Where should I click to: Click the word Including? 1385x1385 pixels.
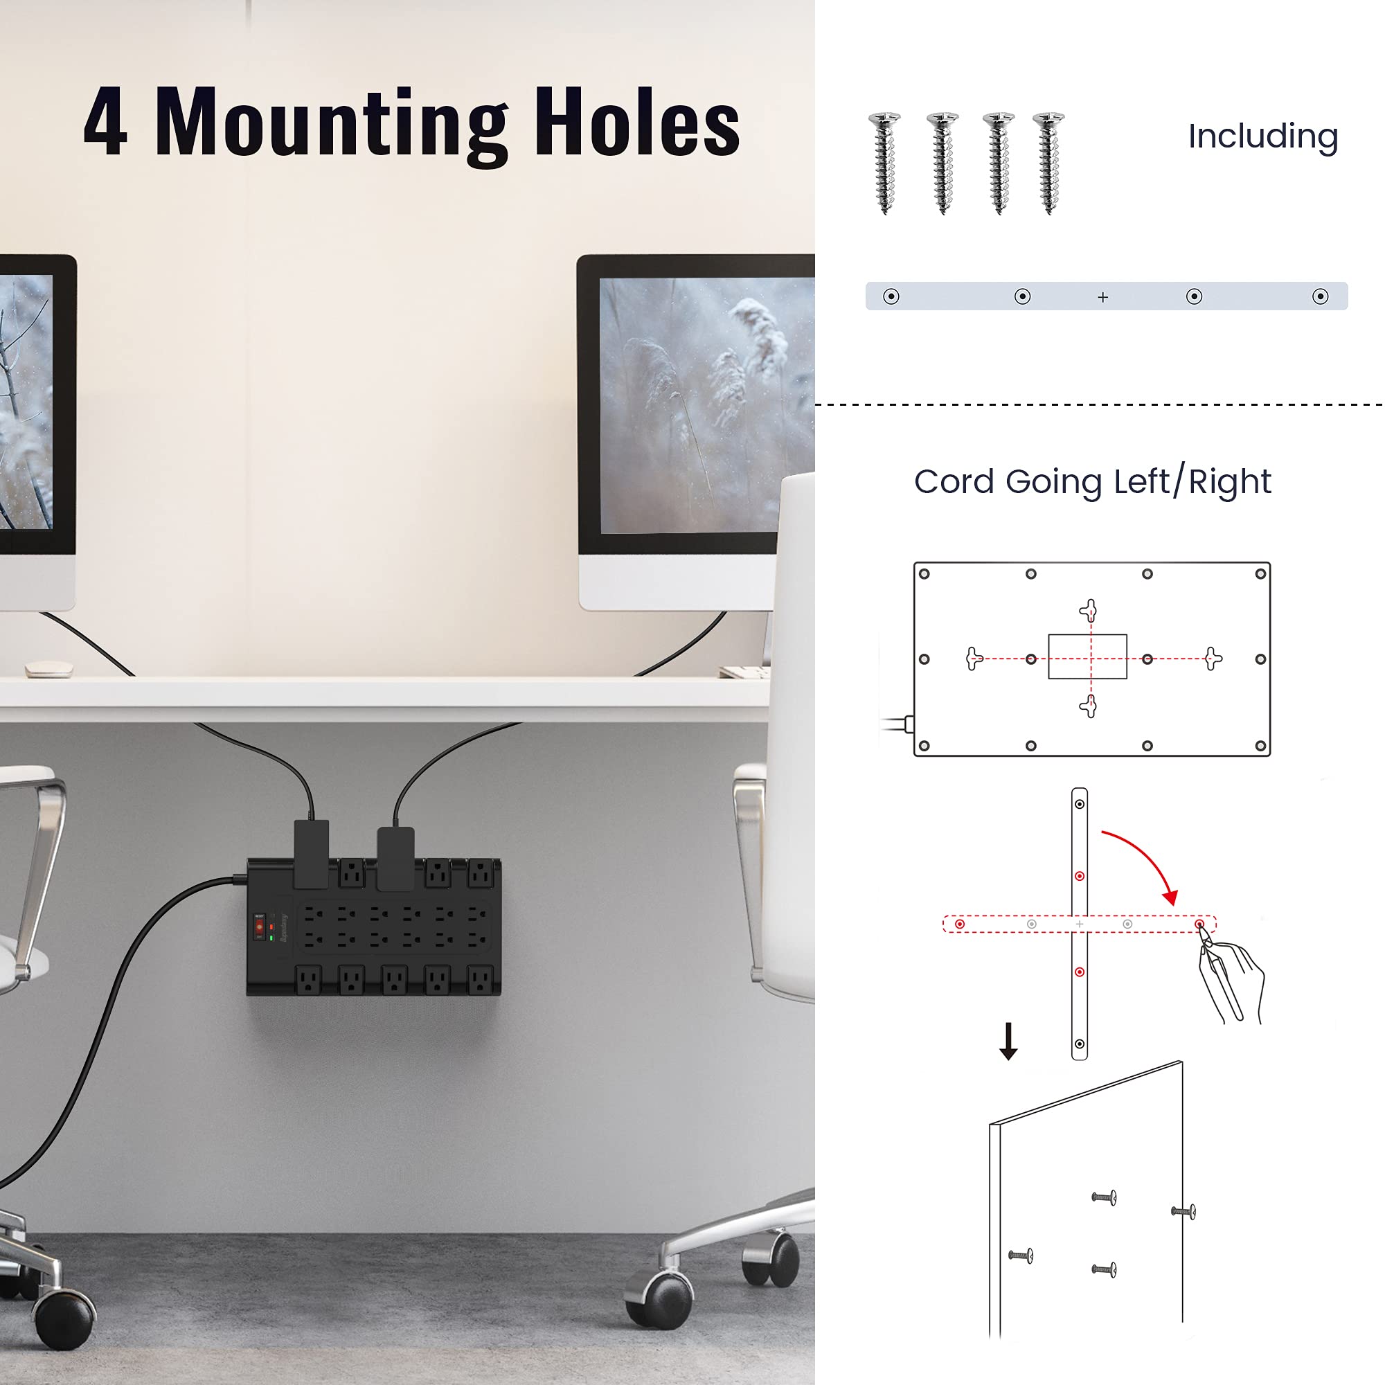pyautogui.click(x=1263, y=136)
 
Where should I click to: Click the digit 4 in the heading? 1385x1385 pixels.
pyautogui.click(x=105, y=122)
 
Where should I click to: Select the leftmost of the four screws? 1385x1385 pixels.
pyautogui.click(x=884, y=163)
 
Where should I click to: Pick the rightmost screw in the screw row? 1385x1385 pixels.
pyautogui.click(x=1048, y=163)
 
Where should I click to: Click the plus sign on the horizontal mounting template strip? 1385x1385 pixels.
pyautogui.click(x=1102, y=297)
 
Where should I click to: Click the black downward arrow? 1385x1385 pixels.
pyautogui.click(x=1009, y=1042)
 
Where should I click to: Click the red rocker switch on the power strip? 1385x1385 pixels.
pyautogui.click(x=259, y=927)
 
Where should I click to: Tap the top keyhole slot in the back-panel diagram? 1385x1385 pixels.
pyautogui.click(x=1089, y=611)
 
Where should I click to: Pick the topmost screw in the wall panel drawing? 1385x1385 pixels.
pyautogui.click(x=1104, y=1197)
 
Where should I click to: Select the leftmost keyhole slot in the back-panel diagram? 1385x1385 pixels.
pyautogui.click(x=974, y=658)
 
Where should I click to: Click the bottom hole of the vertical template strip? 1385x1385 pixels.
pyautogui.click(x=1080, y=1044)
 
